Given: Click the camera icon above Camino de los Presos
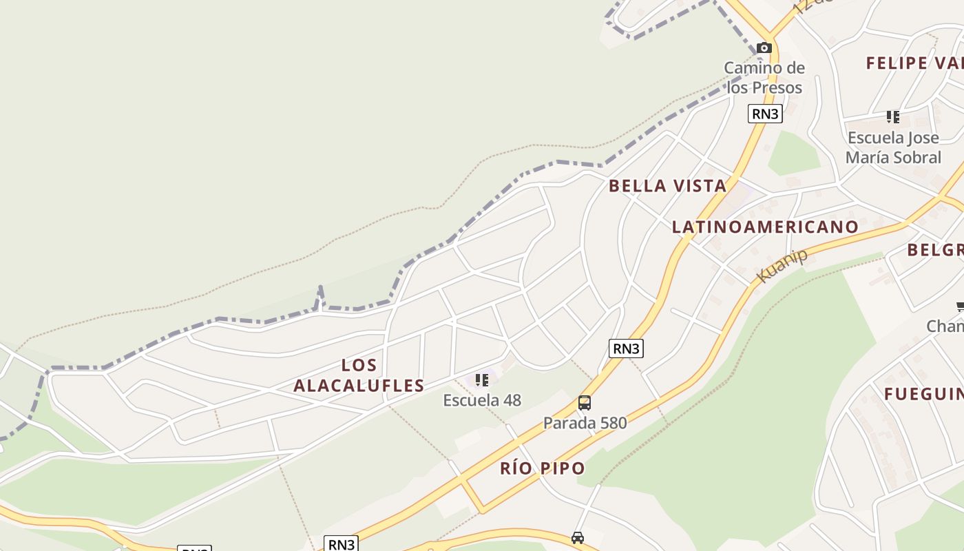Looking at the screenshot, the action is (764, 48).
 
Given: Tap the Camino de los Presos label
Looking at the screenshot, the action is (764, 78).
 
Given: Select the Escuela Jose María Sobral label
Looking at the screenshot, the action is (893, 147).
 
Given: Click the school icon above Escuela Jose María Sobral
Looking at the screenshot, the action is (893, 116).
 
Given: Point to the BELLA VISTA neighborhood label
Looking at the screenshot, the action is (667, 185).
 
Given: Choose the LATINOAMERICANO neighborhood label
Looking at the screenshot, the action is (765, 227).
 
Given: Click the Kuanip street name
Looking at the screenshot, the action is (782, 266).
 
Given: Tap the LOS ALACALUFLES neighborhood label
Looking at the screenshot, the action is (359, 375).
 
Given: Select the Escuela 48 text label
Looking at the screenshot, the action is (482, 400).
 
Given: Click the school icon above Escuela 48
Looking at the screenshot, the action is (482, 380).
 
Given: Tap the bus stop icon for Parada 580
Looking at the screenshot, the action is (585, 403).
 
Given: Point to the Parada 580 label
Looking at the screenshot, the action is (585, 422).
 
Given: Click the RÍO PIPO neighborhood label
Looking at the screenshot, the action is (543, 468).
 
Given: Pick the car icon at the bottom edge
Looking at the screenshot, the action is (578, 537).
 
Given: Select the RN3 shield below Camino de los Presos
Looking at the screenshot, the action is (765, 114).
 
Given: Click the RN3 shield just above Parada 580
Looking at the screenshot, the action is (626, 349).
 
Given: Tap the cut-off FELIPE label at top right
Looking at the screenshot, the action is (914, 63).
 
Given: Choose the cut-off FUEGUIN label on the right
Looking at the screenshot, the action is (923, 394).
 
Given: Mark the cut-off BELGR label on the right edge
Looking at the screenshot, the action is (934, 249).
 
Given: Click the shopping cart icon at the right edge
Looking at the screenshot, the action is (959, 306).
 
